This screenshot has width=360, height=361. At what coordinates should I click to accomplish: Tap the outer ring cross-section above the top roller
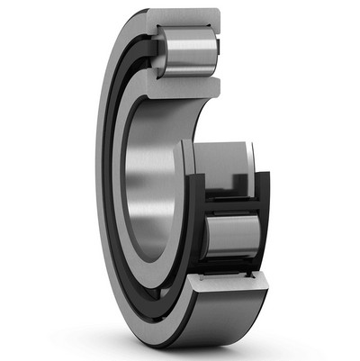click(185, 18)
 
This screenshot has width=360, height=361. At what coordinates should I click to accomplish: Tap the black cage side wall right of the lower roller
click(265, 230)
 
